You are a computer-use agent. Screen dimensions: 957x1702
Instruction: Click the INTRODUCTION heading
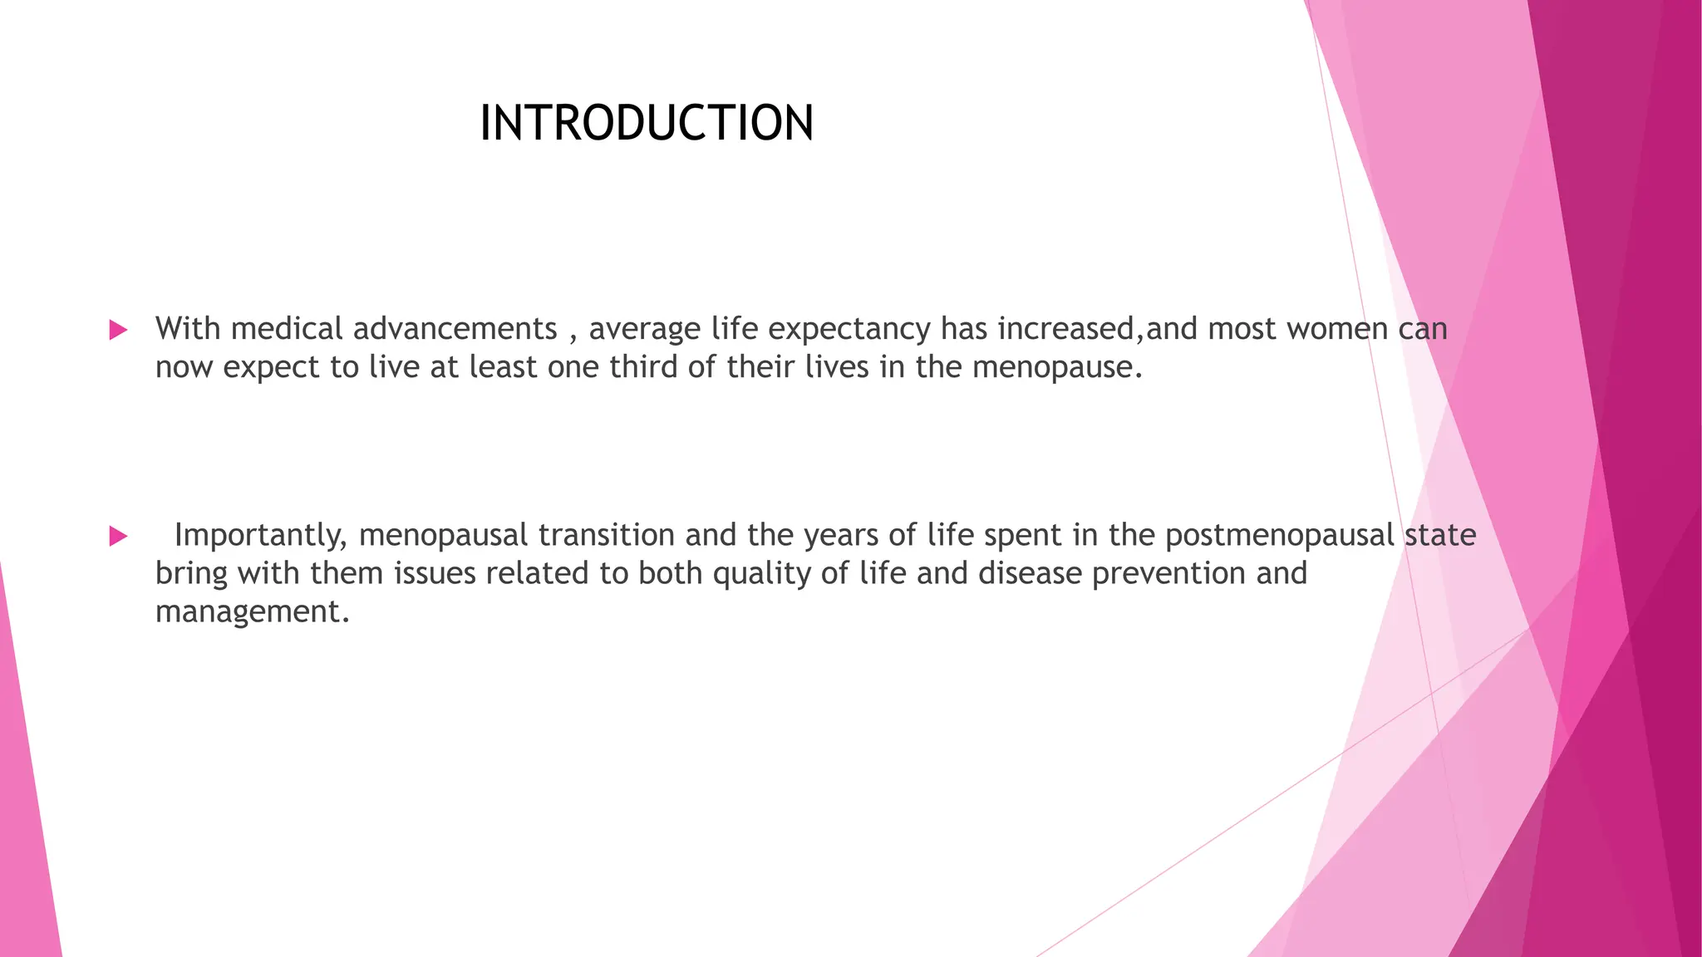point(647,123)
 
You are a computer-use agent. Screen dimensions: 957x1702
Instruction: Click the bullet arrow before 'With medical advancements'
point(118,330)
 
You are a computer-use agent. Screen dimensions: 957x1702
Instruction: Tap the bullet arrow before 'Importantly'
point(118,536)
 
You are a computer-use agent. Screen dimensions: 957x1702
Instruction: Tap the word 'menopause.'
point(1057,367)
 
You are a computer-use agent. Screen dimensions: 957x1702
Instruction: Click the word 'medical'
point(287,329)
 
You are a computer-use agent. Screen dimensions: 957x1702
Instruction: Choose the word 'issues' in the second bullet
point(435,573)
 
